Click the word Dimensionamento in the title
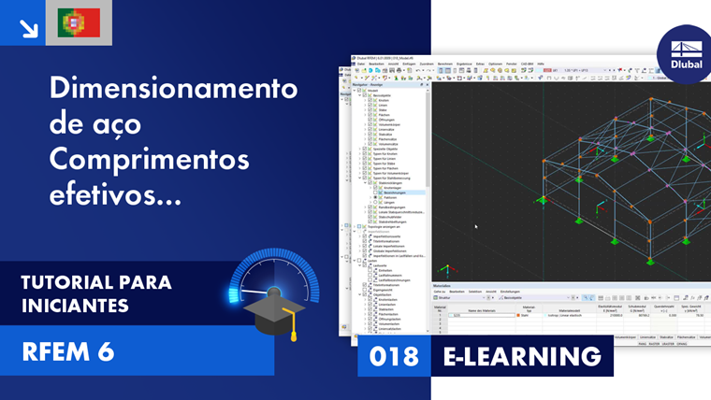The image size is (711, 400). tap(173, 90)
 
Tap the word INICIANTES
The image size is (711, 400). tap(75, 306)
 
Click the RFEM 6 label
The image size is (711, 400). tap(67, 351)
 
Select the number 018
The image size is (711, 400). tap(395, 356)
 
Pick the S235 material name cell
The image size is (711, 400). tap(457, 316)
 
